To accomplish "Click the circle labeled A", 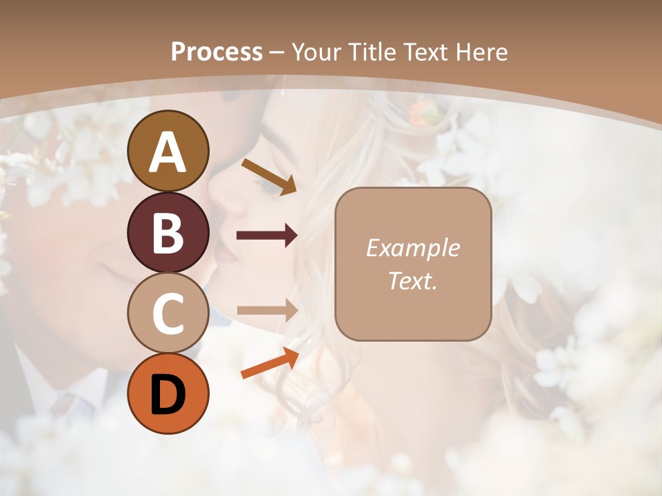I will coord(168,151).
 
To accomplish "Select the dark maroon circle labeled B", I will coord(168,232).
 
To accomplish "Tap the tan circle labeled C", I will coord(168,313).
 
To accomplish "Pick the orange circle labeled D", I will coord(168,394).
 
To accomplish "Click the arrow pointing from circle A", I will coord(269,176).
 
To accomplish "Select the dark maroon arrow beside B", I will coord(267,236).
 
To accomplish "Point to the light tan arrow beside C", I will coord(267,311).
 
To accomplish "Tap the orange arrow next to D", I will coord(270,363).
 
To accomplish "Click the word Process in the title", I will coord(217,52).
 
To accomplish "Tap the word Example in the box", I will coord(413,248).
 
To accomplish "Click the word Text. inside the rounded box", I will coord(413,280).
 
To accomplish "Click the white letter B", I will coord(168,232).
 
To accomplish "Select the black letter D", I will coord(168,394).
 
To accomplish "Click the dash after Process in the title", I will coord(277,52).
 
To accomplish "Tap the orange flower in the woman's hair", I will coord(421,112).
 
